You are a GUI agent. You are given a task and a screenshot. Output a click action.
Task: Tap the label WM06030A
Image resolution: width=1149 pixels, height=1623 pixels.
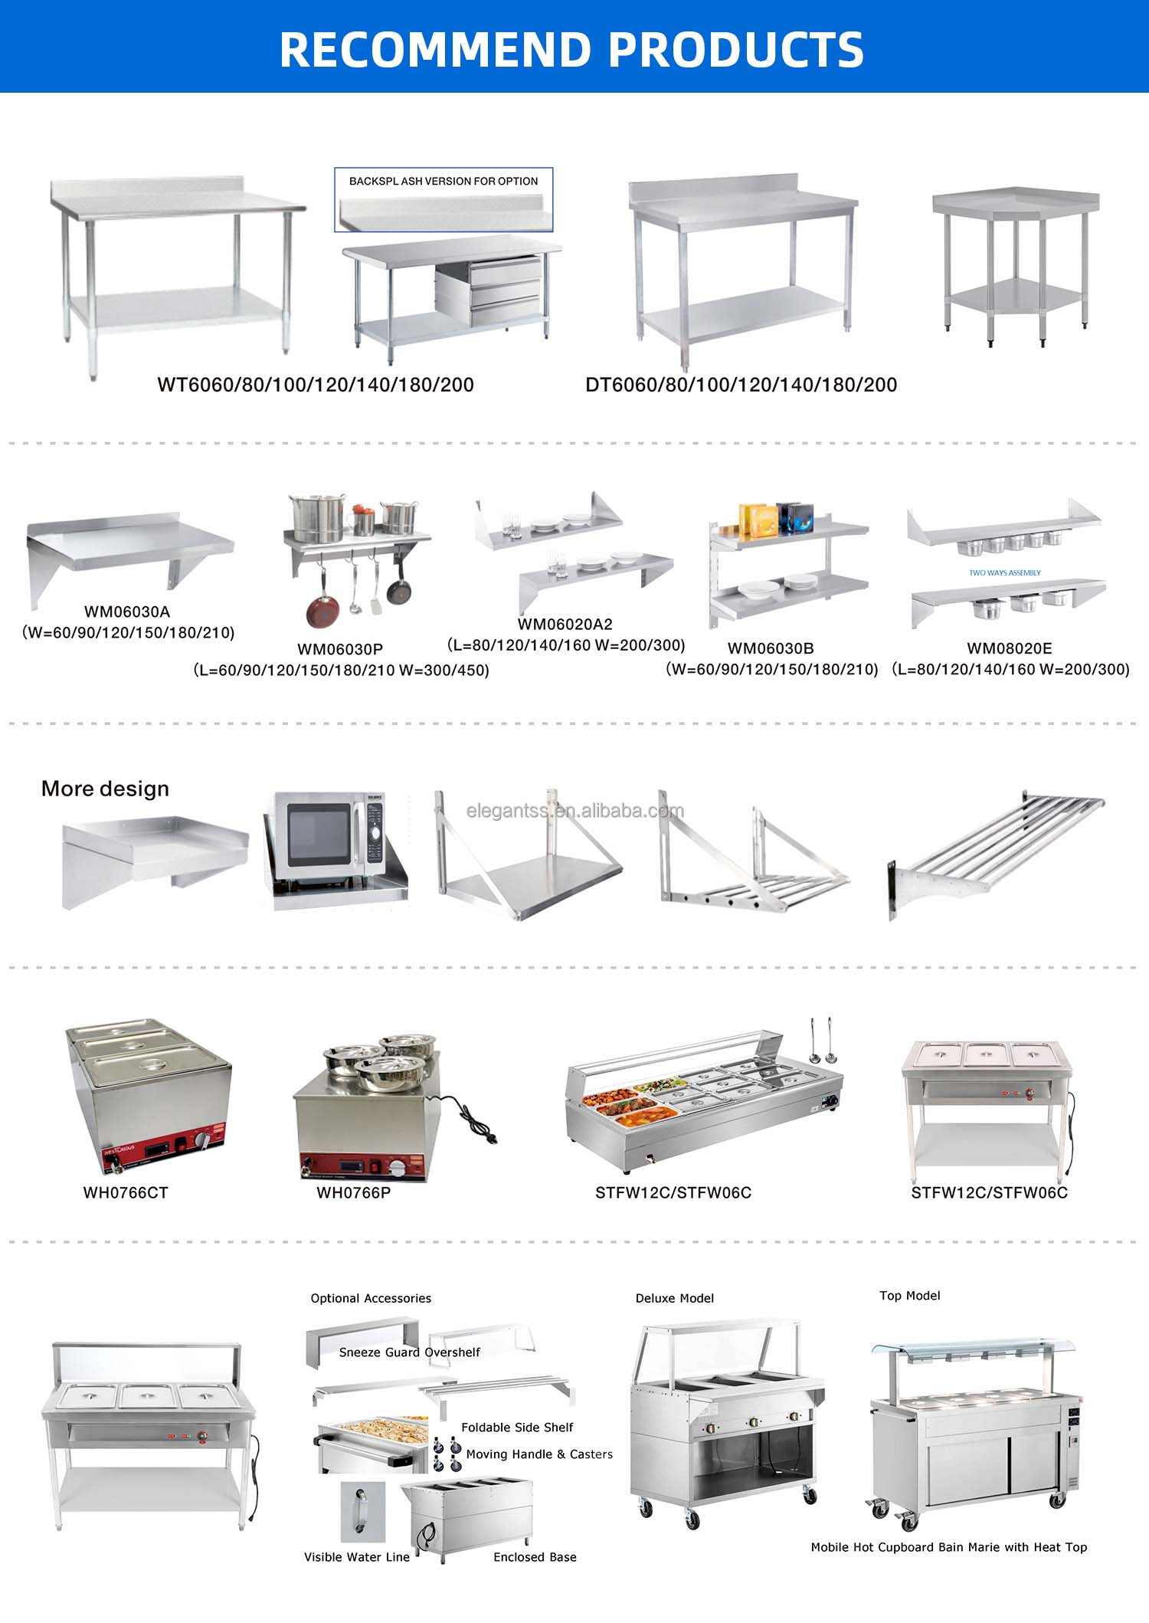point(127,611)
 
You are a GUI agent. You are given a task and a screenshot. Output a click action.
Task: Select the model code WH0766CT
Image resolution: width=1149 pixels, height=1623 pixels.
point(126,1192)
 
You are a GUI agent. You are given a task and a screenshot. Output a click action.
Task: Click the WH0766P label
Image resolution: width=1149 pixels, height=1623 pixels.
point(353,1192)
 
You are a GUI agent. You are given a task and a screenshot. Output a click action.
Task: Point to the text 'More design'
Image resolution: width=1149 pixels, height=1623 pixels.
point(105,789)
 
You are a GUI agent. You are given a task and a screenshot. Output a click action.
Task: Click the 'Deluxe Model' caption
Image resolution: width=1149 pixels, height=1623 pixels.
point(675,1298)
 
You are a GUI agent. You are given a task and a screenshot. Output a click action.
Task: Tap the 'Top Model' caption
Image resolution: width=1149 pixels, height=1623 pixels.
point(910,1296)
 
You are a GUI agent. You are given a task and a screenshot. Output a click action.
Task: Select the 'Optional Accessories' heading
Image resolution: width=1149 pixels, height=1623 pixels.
point(371,1298)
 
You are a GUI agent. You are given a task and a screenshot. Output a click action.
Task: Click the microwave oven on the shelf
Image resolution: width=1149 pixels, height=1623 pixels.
point(331,837)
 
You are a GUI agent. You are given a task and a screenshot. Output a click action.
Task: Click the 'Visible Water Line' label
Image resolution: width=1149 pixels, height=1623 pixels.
point(357,1557)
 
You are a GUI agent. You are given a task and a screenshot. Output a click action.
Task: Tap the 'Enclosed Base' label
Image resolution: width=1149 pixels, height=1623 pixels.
point(535,1557)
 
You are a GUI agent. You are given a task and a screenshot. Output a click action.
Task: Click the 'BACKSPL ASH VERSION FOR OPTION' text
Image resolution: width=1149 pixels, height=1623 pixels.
point(444,182)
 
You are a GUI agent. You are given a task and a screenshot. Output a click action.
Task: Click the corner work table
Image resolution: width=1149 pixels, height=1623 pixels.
point(1016,265)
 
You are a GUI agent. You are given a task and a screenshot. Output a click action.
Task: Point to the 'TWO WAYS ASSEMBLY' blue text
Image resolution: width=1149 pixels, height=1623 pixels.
point(1005,572)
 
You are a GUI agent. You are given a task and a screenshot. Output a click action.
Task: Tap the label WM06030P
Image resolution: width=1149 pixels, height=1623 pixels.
point(340,649)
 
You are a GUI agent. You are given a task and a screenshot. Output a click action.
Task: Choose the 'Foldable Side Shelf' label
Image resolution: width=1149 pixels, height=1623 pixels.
point(517,1428)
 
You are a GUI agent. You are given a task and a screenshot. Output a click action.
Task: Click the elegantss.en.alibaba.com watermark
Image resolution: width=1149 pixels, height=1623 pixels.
point(575,811)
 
